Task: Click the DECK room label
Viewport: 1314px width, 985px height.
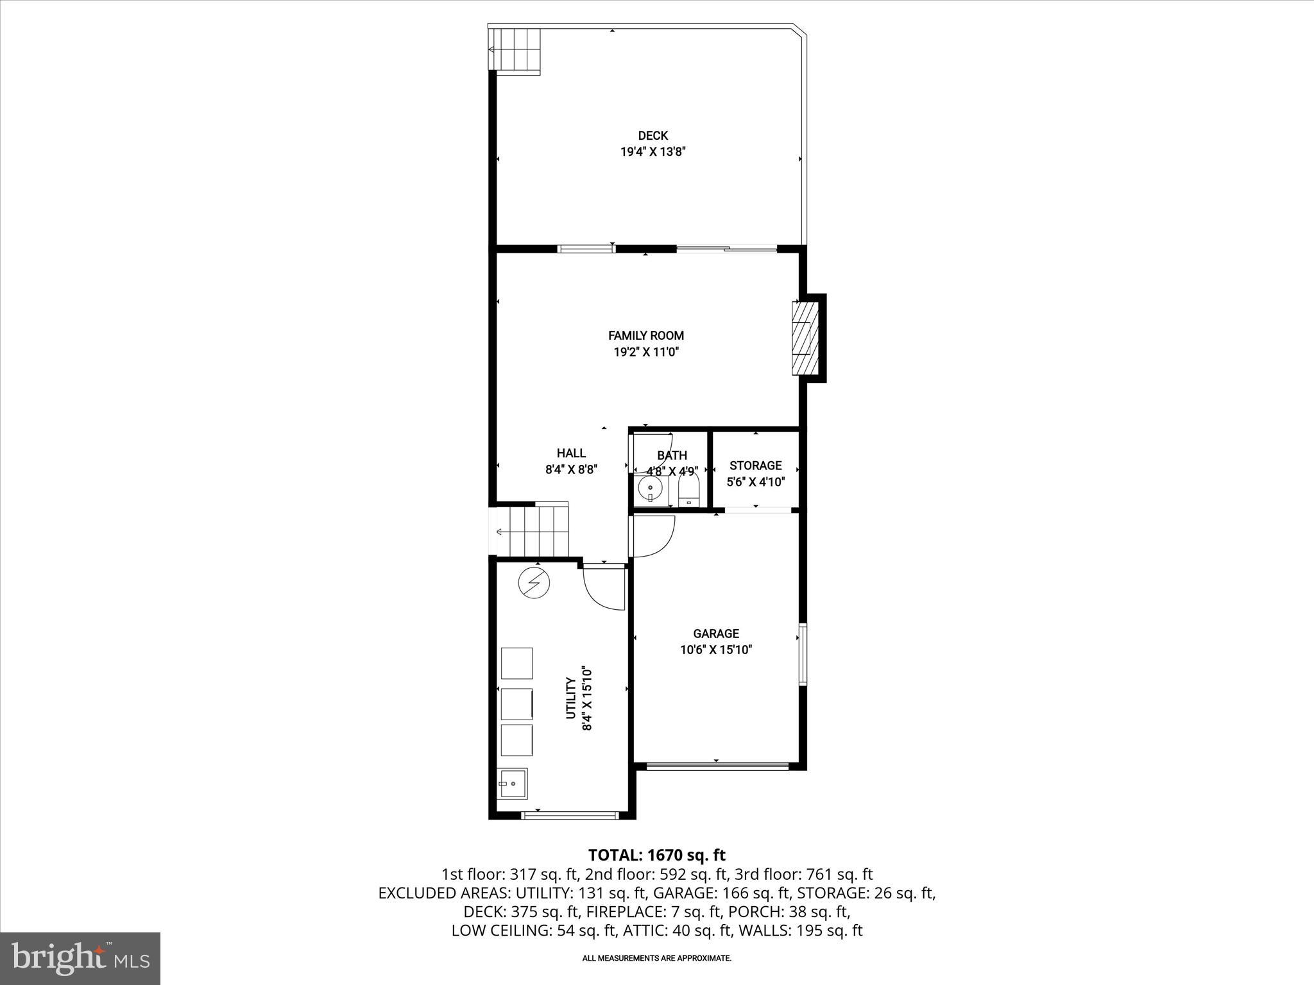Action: click(653, 135)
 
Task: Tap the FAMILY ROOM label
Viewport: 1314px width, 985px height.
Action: click(645, 335)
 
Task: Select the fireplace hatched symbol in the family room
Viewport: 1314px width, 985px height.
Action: click(806, 338)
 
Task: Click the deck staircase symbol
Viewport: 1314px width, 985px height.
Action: click(515, 49)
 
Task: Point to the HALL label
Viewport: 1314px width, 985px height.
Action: click(571, 453)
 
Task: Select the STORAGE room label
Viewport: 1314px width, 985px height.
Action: click(755, 466)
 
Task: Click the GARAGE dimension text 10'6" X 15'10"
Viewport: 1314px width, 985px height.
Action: click(716, 650)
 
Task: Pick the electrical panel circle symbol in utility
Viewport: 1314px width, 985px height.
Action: click(534, 583)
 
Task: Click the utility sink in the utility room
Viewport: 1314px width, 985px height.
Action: click(512, 784)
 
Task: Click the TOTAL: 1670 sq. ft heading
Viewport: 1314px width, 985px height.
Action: click(656, 855)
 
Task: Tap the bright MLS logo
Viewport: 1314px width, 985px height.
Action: click(80, 958)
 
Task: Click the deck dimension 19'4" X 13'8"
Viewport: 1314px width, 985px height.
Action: click(653, 152)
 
